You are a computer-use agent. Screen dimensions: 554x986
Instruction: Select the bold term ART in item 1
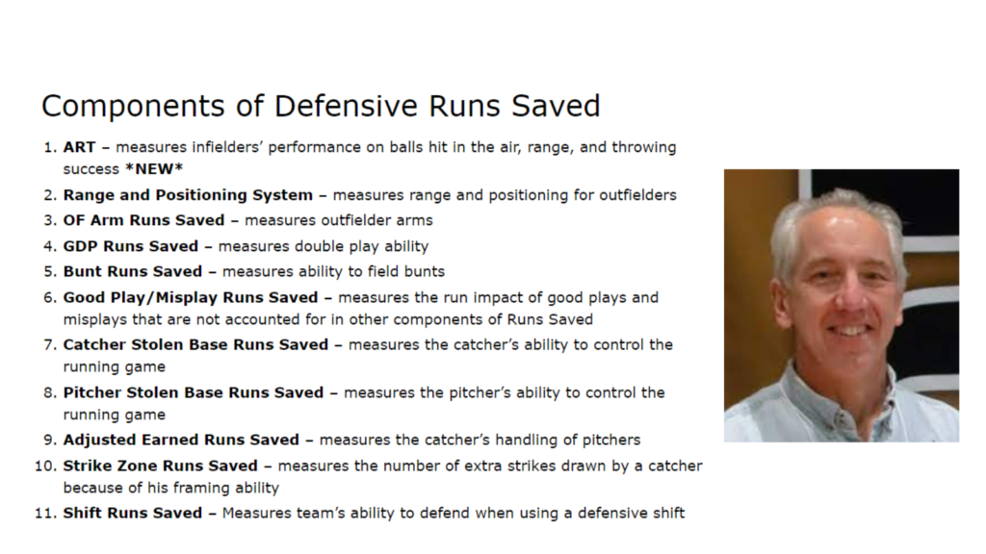(78, 147)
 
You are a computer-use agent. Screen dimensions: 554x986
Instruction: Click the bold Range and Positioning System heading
(188, 195)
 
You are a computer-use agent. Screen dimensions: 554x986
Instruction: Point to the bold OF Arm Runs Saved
(143, 220)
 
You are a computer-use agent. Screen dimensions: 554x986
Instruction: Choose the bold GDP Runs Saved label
(131, 246)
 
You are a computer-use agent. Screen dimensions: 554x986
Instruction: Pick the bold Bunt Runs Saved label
(133, 271)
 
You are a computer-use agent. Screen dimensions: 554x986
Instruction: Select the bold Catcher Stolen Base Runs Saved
(195, 344)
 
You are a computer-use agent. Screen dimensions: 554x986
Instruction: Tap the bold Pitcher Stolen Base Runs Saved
(193, 392)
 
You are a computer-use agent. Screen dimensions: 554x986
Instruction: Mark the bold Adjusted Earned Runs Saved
(181, 440)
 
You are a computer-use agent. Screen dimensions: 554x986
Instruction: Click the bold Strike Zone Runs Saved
(161, 466)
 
